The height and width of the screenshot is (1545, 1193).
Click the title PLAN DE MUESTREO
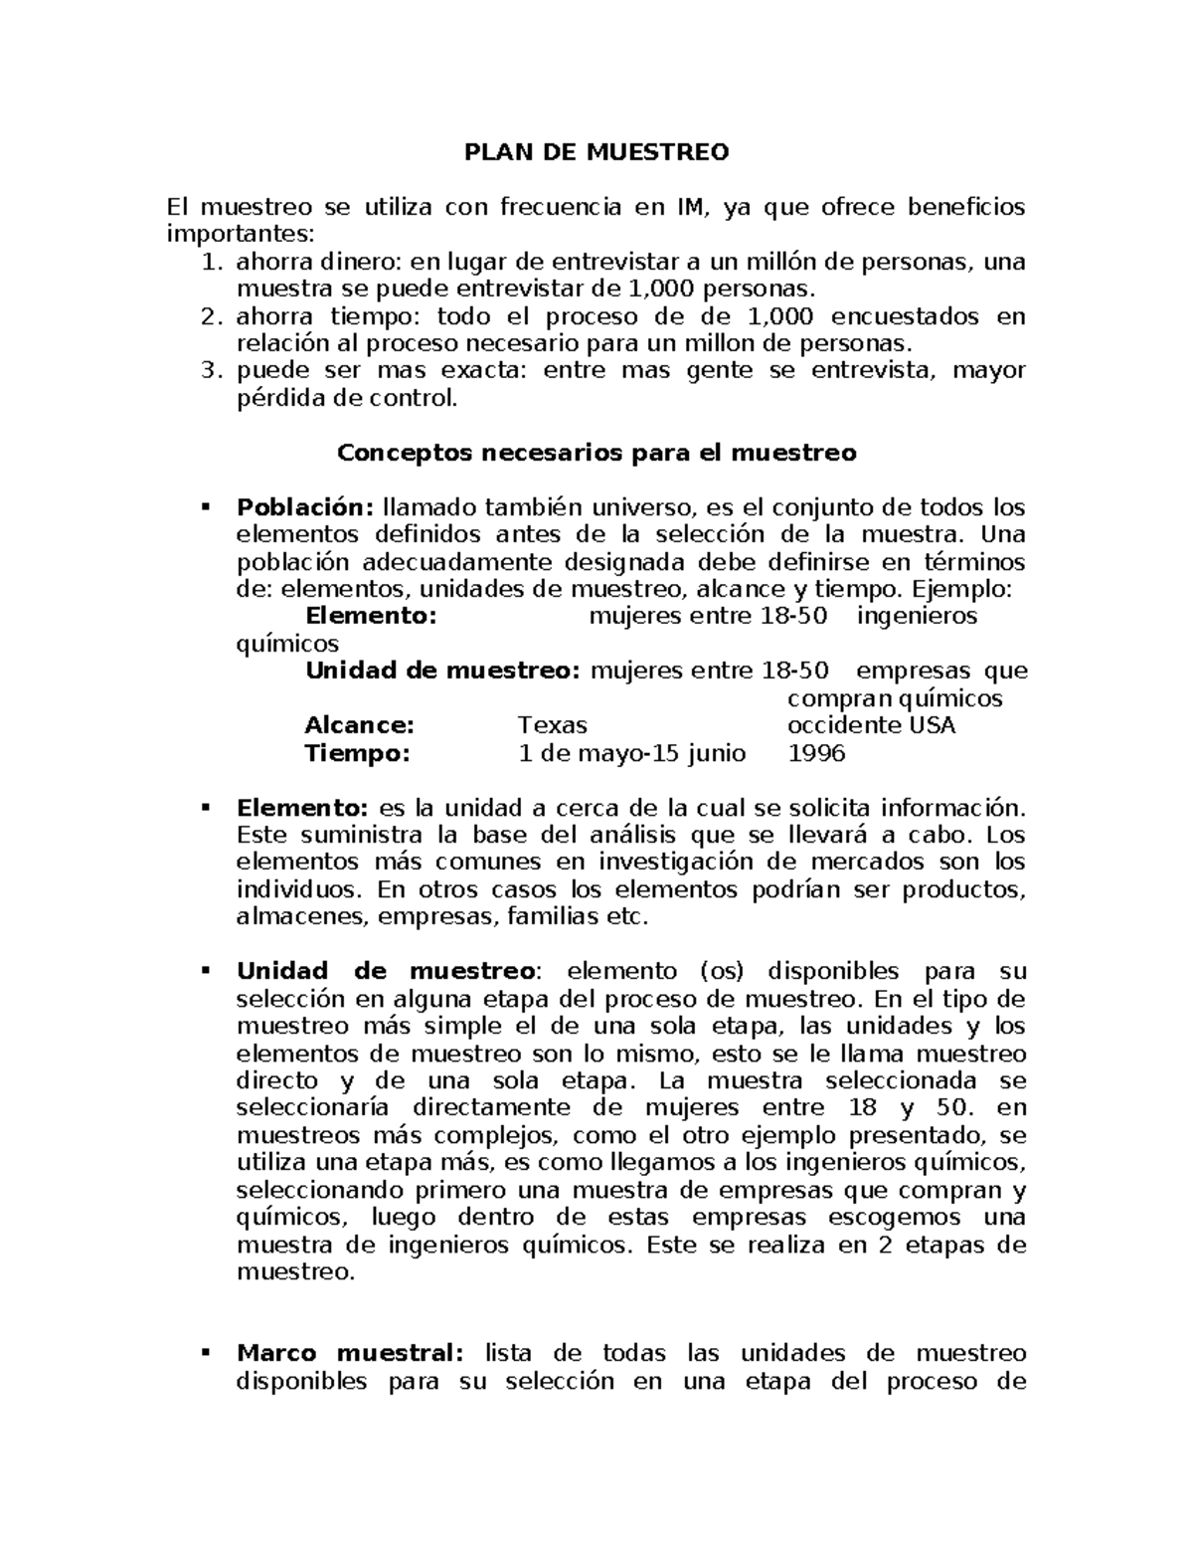point(596,152)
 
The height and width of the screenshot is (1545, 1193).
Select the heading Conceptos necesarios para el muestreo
point(596,454)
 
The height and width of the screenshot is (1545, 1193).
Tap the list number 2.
point(208,317)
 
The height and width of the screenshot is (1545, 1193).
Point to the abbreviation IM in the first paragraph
point(693,207)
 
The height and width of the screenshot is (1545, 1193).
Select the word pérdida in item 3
point(274,400)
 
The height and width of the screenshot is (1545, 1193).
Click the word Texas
point(553,725)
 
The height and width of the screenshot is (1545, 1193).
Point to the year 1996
point(816,753)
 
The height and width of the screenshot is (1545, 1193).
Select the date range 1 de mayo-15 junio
point(632,753)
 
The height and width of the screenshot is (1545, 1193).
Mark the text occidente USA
point(871,725)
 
